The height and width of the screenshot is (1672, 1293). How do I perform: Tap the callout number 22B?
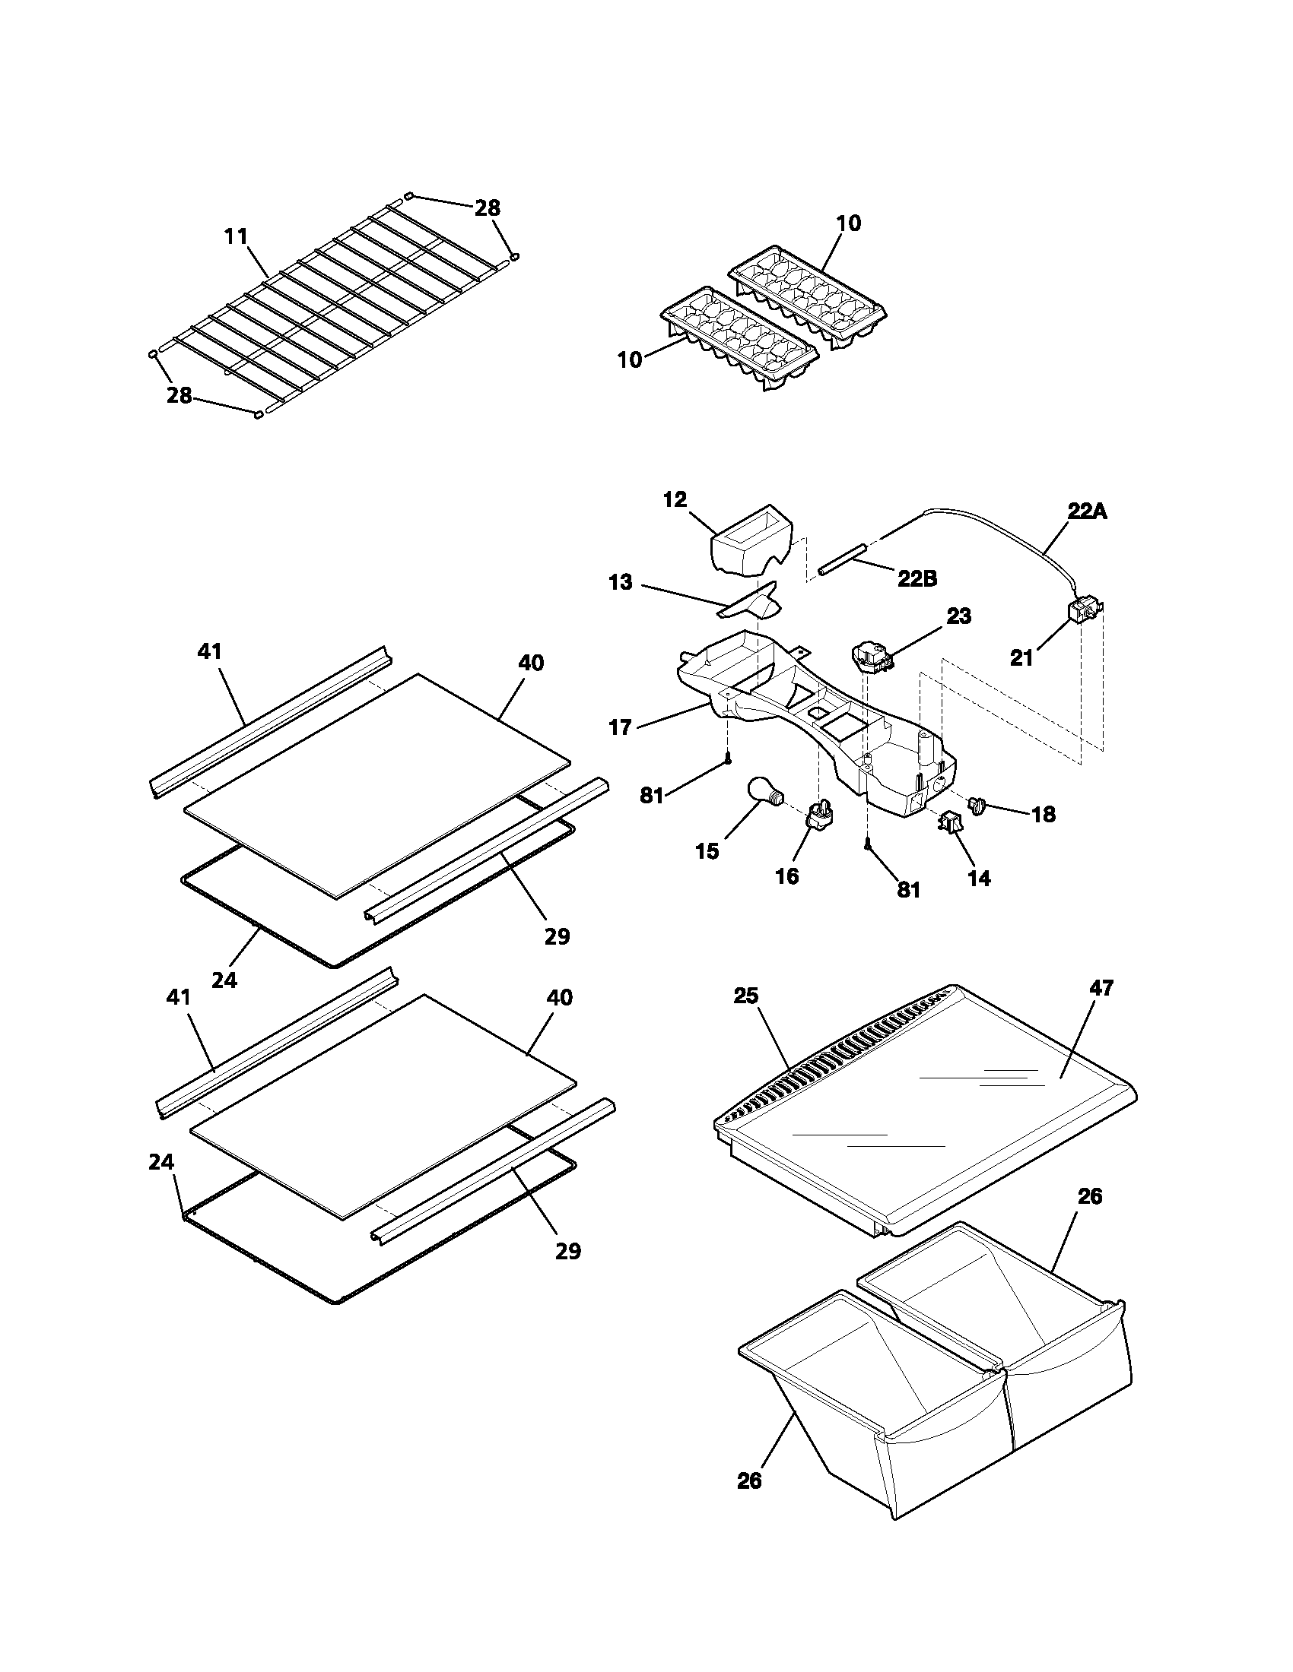917,580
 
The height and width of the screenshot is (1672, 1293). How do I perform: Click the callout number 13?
621,583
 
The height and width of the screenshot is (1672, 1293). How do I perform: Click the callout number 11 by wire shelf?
236,236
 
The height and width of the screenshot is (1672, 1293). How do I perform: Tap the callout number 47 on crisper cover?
1102,988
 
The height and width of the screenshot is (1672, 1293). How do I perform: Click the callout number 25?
745,996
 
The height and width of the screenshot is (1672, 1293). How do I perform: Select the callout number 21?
1021,657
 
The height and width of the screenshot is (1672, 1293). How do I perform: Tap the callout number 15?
707,851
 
